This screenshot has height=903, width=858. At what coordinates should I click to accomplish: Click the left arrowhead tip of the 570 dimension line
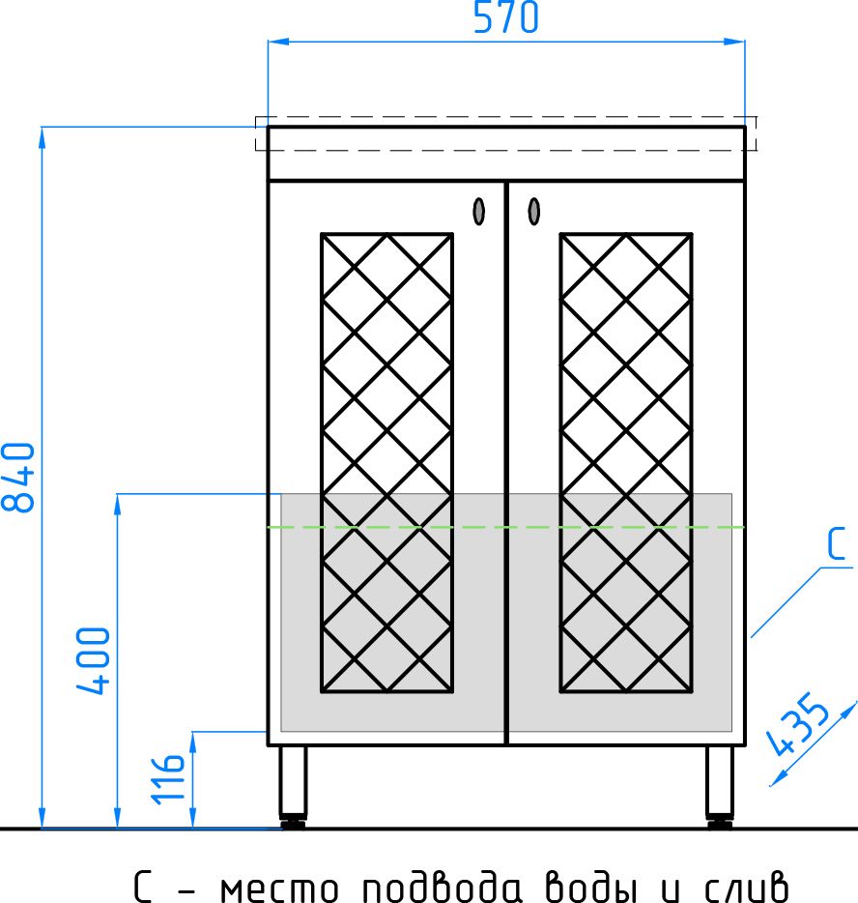pos(269,42)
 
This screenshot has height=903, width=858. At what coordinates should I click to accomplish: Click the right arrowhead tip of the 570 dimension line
pos(745,42)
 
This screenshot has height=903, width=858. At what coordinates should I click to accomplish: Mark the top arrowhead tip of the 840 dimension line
pos(42,128)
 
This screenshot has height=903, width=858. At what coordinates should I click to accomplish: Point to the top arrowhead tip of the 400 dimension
pos(117,494)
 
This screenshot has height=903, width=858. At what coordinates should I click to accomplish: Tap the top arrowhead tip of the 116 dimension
pos(193,733)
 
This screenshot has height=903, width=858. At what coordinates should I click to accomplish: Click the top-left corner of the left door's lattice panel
pos(322,234)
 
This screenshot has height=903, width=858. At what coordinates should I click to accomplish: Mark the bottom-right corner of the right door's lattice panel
pos(691,690)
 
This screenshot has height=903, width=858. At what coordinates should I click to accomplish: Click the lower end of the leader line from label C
pos(752,637)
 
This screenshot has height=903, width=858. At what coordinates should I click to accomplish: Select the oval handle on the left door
pos(479,212)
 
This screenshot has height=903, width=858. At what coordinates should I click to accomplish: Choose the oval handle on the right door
pos(534,212)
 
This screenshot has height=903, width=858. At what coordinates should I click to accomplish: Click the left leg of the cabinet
pos(293,787)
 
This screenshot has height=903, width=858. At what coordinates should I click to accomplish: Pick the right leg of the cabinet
pos(720,787)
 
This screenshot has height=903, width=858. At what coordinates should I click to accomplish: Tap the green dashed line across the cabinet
pos(506,527)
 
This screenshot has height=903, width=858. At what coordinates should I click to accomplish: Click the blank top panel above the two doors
pos(506,154)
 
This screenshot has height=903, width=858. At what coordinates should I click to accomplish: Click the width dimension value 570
pos(506,17)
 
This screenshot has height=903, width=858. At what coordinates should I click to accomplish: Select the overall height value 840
pos(18,477)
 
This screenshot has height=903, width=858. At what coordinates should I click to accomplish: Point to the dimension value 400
pos(93,660)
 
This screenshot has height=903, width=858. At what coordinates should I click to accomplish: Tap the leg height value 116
pos(167,778)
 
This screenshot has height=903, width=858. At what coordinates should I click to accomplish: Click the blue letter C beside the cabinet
pos(837,543)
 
